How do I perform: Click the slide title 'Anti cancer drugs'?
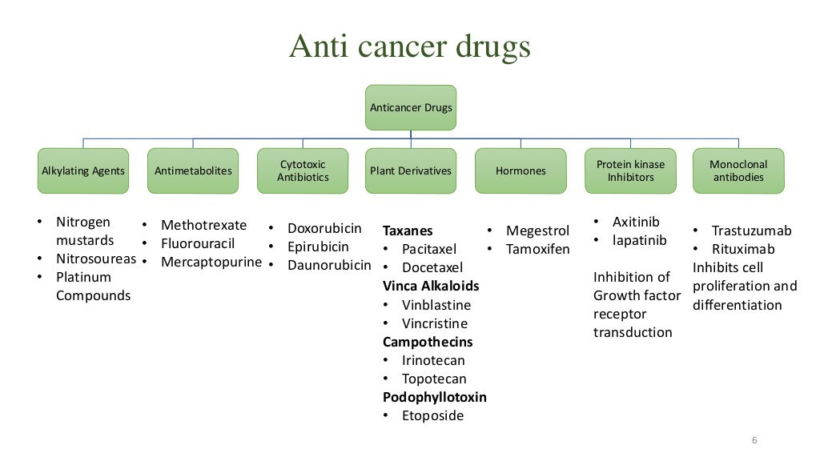point(409,47)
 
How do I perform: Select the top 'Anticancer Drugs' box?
point(411,107)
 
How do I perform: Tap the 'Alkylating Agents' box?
point(83,170)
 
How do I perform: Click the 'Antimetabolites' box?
point(193,170)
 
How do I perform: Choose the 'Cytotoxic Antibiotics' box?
point(303,170)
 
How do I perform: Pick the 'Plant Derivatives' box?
point(411,170)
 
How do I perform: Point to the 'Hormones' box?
point(521,170)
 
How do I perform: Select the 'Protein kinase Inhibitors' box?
point(630,170)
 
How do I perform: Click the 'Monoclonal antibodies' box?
point(738,170)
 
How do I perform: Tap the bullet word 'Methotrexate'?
point(203,225)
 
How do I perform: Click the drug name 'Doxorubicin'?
point(324,228)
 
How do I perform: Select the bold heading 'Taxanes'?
point(408,230)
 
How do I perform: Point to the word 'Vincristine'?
point(434,323)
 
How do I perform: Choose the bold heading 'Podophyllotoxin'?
point(435,397)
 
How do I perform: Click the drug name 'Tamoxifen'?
point(537,249)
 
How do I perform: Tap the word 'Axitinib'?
point(635,222)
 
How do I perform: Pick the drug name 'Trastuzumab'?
point(751,230)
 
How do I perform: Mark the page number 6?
point(754,441)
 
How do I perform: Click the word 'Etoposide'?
point(432,415)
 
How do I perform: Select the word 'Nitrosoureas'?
point(96,259)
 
